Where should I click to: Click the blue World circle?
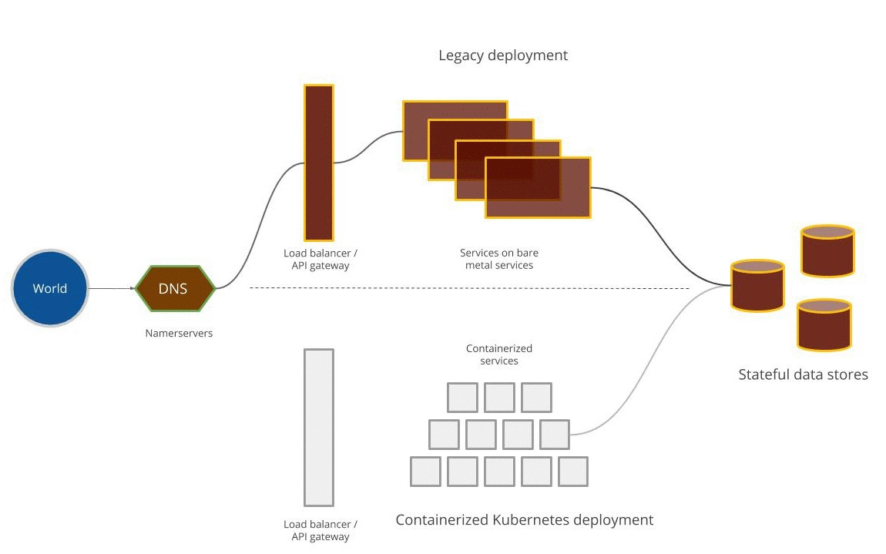pyautogui.click(x=50, y=289)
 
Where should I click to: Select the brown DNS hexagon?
pyautogui.click(x=174, y=289)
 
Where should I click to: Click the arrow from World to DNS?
pyautogui.click(x=112, y=289)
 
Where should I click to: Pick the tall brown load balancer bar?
pyautogui.click(x=319, y=162)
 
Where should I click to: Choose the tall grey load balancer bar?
pyautogui.click(x=319, y=427)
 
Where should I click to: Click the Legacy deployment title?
pyautogui.click(x=503, y=55)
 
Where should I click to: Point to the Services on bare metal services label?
pyautogui.click(x=498, y=259)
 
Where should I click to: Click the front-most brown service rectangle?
pyautogui.click(x=538, y=187)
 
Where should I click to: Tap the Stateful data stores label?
pyautogui.click(x=803, y=375)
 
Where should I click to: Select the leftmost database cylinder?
pyautogui.click(x=757, y=286)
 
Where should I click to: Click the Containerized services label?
pyautogui.click(x=499, y=354)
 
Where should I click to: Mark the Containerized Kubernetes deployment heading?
pyautogui.click(x=524, y=520)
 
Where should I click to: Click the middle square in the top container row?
pyautogui.click(x=499, y=398)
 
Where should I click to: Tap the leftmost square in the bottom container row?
pyautogui.click(x=425, y=472)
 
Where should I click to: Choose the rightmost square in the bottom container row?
pyautogui.click(x=573, y=472)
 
